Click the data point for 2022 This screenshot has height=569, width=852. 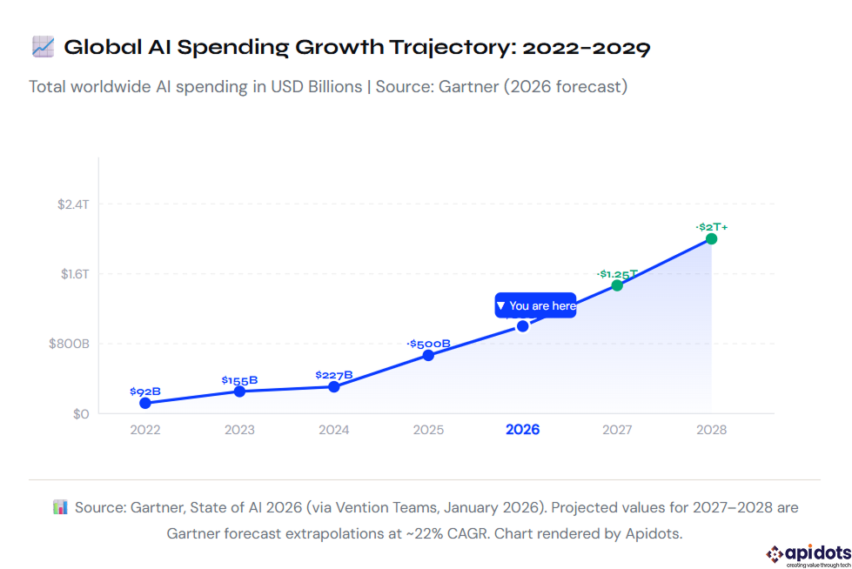pyautogui.click(x=145, y=403)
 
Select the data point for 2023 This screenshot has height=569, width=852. pyautogui.click(x=239, y=392)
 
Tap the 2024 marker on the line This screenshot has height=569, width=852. pyautogui.click(x=334, y=386)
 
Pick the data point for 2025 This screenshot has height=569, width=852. pyautogui.click(x=428, y=355)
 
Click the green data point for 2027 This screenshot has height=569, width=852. pyautogui.click(x=617, y=285)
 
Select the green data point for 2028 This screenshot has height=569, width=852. pyautogui.click(x=711, y=238)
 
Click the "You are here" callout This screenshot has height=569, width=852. pyautogui.click(x=535, y=305)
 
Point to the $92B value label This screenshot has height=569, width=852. pyautogui.click(x=145, y=392)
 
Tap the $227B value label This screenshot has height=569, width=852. pyautogui.click(x=334, y=375)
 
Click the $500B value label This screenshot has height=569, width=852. pyautogui.click(x=428, y=344)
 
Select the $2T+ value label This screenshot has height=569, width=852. pyautogui.click(x=712, y=226)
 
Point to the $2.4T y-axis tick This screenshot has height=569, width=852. pyautogui.click(x=73, y=204)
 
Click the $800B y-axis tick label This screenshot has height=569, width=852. pyautogui.click(x=69, y=344)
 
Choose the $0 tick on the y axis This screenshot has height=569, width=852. pyautogui.click(x=80, y=414)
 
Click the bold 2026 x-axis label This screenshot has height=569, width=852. pyautogui.click(x=522, y=430)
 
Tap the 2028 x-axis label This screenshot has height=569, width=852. pyautogui.click(x=711, y=430)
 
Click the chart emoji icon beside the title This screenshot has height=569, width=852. pyautogui.click(x=43, y=47)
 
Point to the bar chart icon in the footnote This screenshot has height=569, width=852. pyautogui.click(x=60, y=507)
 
